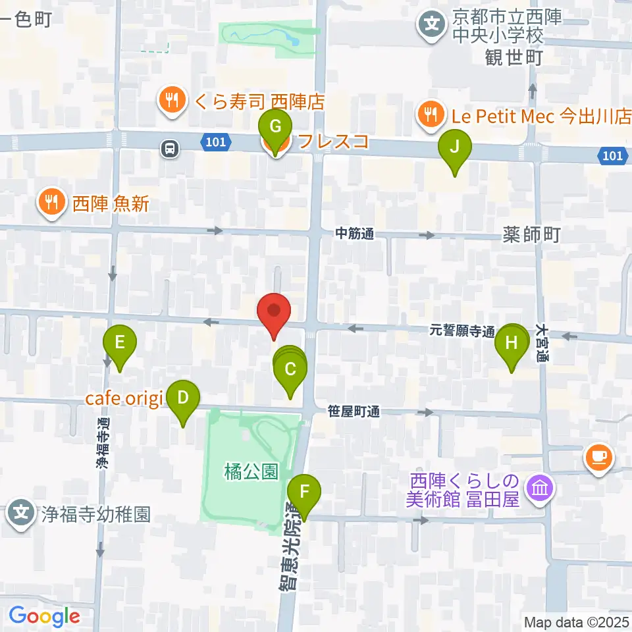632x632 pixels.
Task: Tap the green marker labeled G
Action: (276, 126)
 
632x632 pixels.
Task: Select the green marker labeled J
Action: (455, 147)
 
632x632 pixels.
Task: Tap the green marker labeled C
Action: (290, 369)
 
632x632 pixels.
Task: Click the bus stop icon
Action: (171, 149)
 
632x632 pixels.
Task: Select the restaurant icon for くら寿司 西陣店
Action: (172, 100)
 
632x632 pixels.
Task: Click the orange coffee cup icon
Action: (598, 456)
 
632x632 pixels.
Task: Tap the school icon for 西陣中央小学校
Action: (432, 26)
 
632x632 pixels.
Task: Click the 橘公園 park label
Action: (251, 471)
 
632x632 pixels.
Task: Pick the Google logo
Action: (44, 617)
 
